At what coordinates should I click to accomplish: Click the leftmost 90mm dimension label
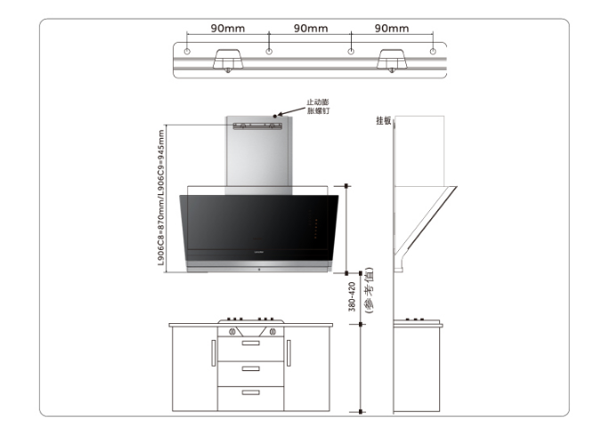click(228, 28)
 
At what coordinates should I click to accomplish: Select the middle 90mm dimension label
click(311, 28)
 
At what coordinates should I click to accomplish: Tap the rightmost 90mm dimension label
click(392, 28)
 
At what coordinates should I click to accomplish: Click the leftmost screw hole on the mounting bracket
click(187, 52)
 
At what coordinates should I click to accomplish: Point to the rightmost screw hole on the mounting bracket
click(433, 52)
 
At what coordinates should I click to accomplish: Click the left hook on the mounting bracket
click(228, 60)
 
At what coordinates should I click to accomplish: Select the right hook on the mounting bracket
click(392, 60)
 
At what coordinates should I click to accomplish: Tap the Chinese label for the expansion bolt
click(318, 106)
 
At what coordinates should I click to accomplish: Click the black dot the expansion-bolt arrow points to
click(275, 116)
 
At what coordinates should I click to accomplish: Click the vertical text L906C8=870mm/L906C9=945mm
click(161, 198)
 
